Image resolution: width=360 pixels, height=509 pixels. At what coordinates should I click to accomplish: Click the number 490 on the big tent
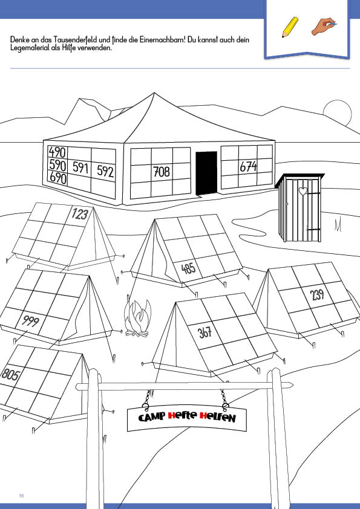57,152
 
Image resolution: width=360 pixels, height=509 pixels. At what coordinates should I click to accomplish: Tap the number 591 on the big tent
80,167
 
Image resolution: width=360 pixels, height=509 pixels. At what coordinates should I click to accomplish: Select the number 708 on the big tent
162,172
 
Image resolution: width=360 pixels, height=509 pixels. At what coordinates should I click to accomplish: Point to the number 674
248,166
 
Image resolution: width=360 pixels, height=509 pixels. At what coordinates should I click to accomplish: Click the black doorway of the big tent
206,173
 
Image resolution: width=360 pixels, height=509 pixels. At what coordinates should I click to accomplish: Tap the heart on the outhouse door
303,191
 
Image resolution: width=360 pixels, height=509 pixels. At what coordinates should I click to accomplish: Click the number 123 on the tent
80,214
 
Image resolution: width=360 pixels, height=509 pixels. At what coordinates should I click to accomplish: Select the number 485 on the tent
188,268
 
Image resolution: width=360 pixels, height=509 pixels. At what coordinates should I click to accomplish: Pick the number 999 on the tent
30,321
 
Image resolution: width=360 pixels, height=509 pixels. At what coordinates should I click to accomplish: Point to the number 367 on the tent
205,332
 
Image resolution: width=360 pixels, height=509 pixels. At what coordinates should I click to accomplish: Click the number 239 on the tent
317,294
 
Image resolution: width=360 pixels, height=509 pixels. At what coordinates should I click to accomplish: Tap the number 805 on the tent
11,374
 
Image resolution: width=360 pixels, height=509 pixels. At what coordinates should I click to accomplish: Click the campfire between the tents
137,318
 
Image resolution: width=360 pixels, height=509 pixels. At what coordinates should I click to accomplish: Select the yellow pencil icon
290,27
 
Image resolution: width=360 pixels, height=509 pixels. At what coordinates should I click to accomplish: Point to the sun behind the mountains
338,112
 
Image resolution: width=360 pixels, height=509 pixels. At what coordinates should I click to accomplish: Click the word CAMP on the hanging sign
152,417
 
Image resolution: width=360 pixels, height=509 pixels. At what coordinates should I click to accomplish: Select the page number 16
21,496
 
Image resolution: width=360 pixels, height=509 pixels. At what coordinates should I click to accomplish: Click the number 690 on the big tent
58,178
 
